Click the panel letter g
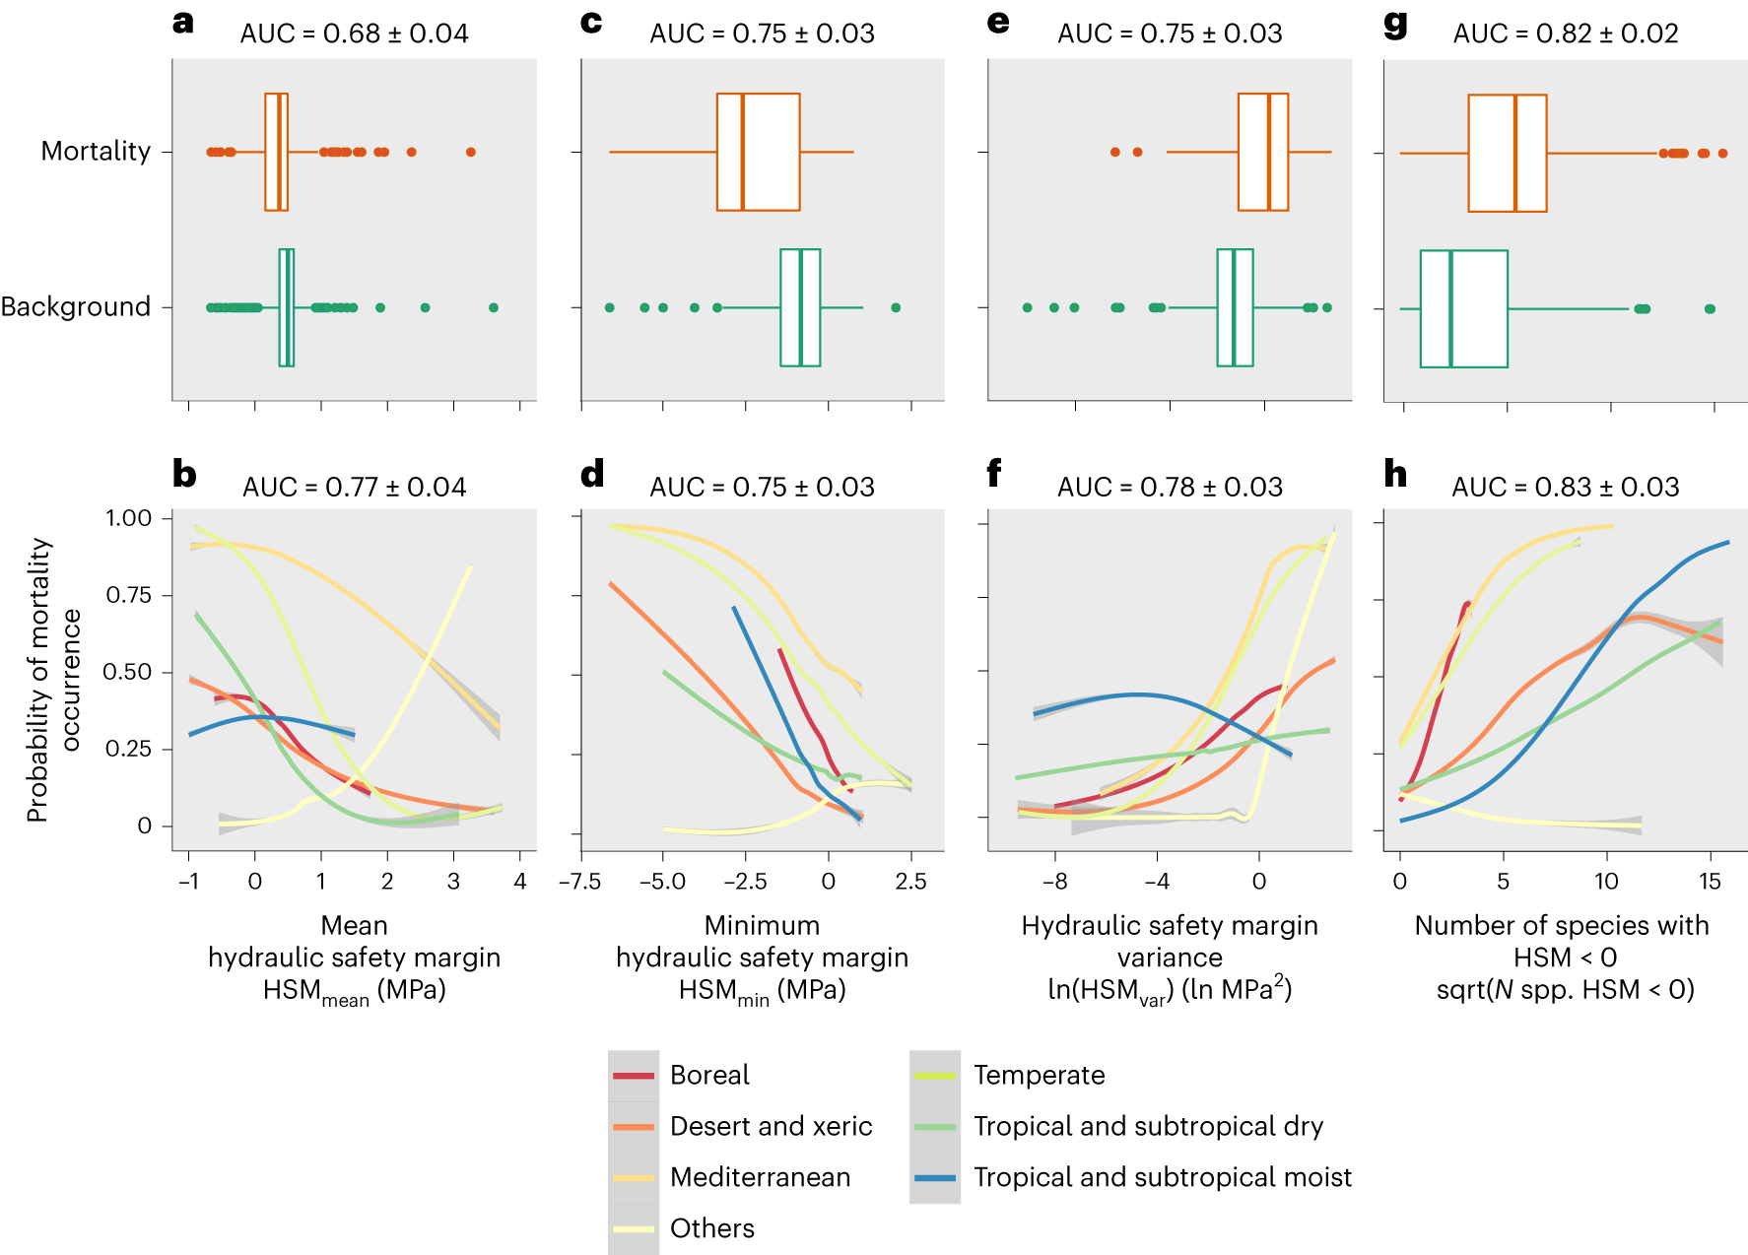coord(1395,24)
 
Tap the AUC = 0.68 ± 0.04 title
coord(354,33)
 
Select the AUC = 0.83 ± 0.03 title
coord(1565,487)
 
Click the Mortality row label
coord(96,151)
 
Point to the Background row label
coord(76,306)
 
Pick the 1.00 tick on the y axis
coord(129,518)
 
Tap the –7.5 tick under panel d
coord(579,881)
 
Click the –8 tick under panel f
coord(1054,881)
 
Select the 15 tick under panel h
coord(1710,881)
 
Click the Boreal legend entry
coord(709,1075)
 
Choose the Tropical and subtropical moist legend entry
coord(1163,1177)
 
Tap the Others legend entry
coord(711,1228)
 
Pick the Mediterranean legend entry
coord(760,1177)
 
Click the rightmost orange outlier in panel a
coord(471,152)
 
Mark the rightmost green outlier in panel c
coord(896,307)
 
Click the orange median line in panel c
coord(742,152)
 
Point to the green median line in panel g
coord(1450,308)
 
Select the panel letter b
coord(184,474)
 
